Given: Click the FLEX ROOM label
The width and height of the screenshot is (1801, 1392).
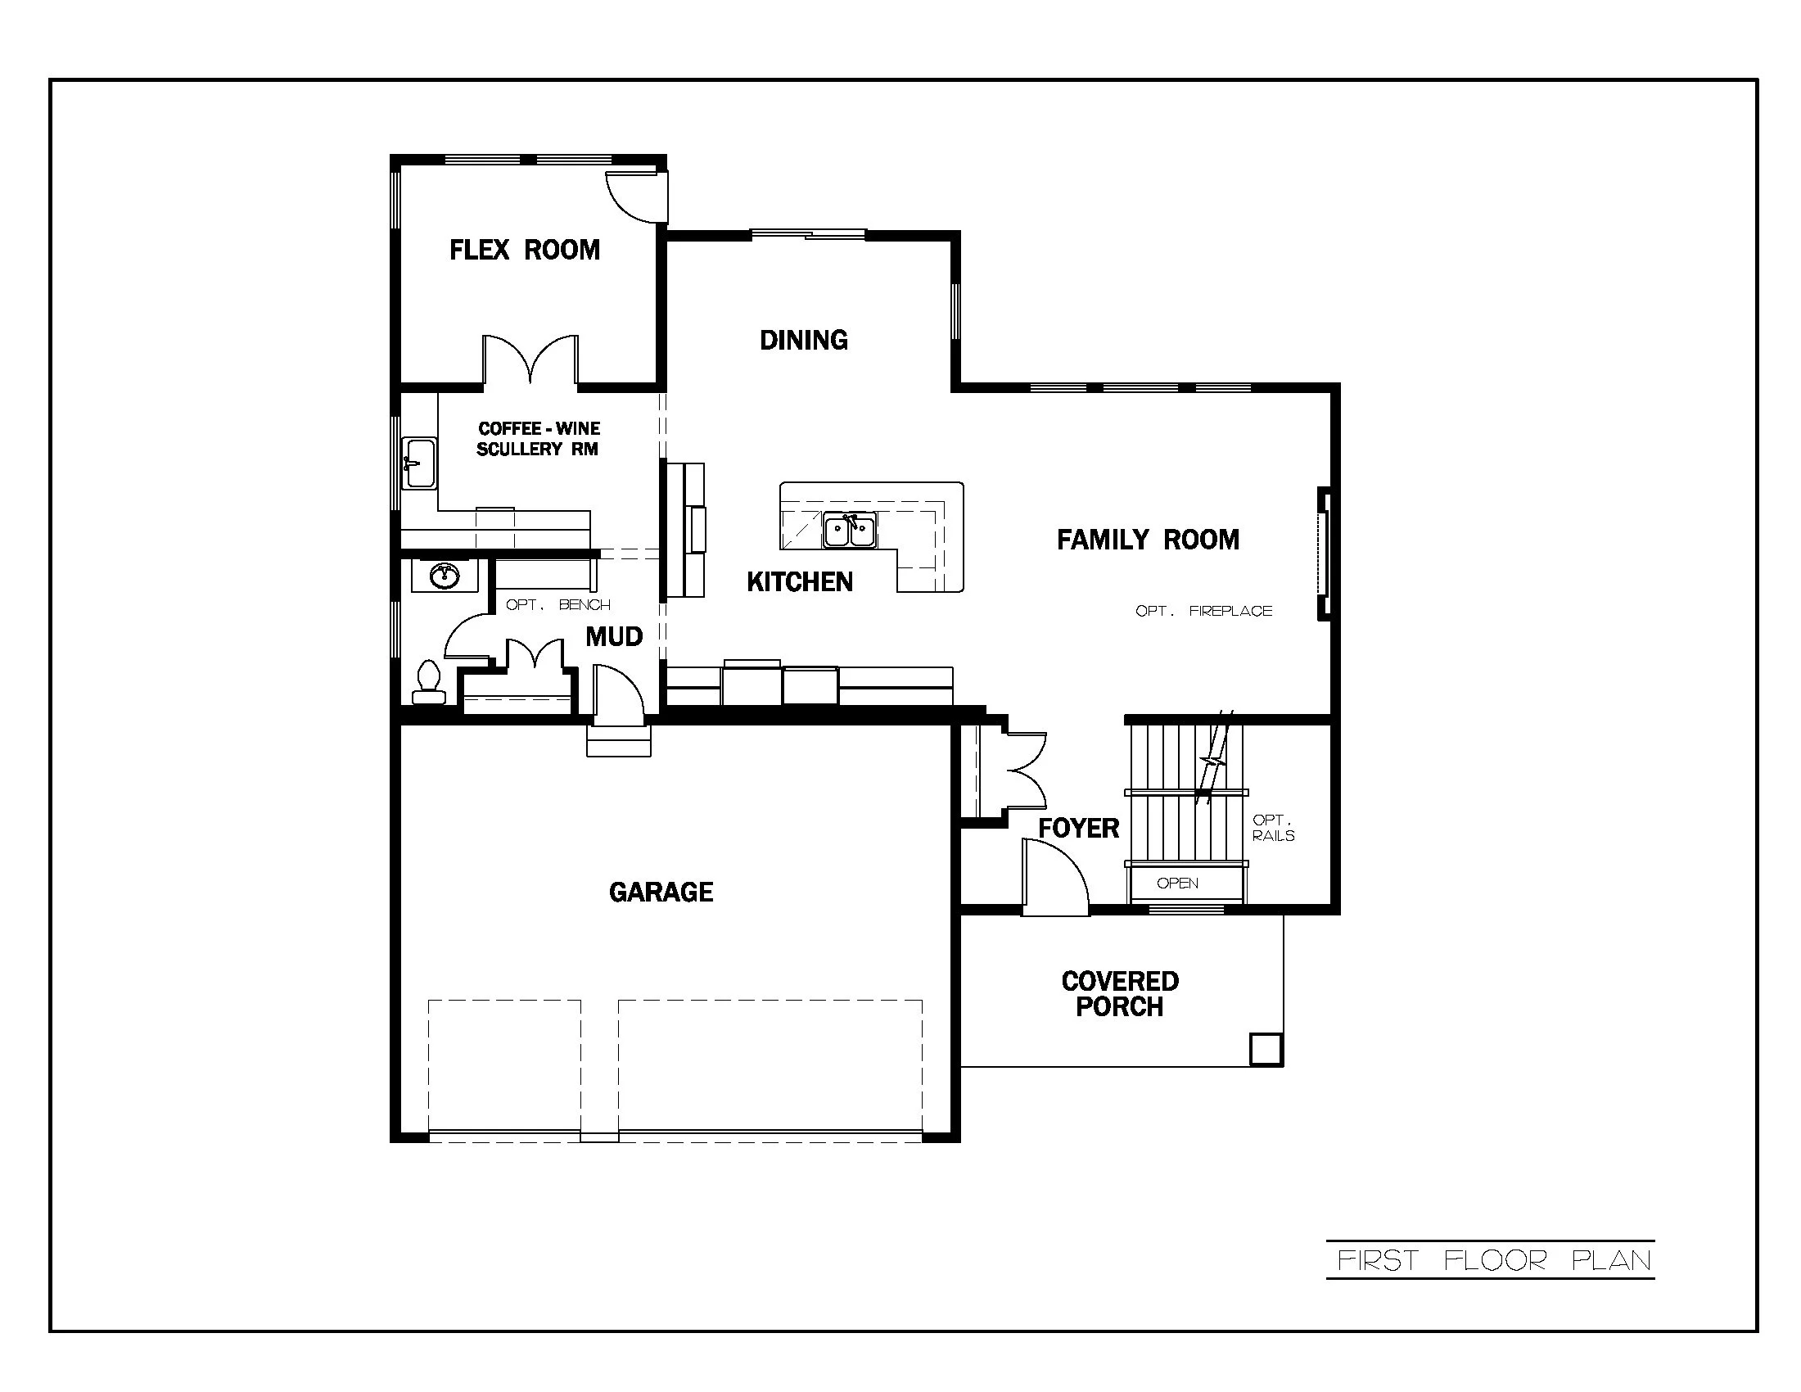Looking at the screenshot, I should (x=525, y=250).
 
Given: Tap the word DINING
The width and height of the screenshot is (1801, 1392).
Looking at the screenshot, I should (x=803, y=340).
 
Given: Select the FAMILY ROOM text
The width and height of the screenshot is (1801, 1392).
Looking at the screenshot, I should (x=1148, y=540).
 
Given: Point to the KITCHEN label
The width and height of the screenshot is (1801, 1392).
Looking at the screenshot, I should (x=799, y=582).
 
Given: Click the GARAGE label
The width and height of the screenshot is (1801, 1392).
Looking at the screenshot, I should (x=661, y=892).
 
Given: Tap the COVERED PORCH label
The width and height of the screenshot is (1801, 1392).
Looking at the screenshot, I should (x=1120, y=994).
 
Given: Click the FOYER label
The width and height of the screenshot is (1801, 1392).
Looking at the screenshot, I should (x=1078, y=828).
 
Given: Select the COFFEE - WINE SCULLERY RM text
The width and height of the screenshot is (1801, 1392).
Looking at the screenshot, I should (x=539, y=439).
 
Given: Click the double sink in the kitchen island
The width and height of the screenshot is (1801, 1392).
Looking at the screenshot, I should (x=849, y=531).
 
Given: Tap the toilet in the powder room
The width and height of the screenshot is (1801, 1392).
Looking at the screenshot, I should (x=428, y=683).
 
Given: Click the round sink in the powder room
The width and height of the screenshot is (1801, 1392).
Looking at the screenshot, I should (x=445, y=575).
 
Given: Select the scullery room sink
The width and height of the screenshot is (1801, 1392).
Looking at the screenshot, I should (x=419, y=463).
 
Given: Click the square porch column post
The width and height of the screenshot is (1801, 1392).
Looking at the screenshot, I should (x=1265, y=1050).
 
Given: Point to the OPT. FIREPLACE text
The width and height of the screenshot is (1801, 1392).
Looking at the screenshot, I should (x=1203, y=611).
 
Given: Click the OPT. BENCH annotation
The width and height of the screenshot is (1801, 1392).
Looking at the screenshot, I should (x=557, y=604).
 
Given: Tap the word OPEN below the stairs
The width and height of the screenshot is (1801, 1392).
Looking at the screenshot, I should (x=1176, y=884).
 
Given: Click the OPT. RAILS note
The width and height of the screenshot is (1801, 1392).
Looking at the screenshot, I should (x=1272, y=828).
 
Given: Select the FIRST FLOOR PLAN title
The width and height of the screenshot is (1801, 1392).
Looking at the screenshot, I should (x=1492, y=1260).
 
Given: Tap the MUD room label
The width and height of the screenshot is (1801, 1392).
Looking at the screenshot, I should (x=613, y=636).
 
